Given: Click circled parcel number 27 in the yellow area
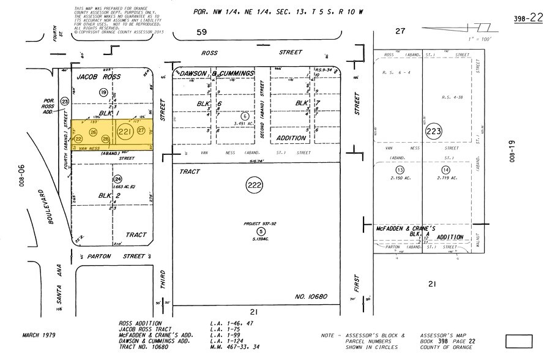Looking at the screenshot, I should pyautogui.click(x=141, y=130).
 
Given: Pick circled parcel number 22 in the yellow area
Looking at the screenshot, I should pyautogui.click(x=79, y=140).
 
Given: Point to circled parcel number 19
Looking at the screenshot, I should pyautogui.click(x=103, y=92).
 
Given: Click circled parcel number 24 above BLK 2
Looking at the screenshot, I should pyautogui.click(x=117, y=179).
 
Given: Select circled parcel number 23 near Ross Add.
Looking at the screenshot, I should pyautogui.click(x=64, y=101).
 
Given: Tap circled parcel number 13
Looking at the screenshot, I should pyautogui.click(x=399, y=170).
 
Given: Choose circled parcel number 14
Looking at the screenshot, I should pyautogui.click(x=445, y=170).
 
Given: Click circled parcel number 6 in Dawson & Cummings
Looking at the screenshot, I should pyautogui.click(x=245, y=116).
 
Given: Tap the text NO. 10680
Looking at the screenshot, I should pyautogui.click(x=311, y=296).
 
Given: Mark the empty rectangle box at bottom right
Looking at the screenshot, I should pyautogui.click(x=519, y=341).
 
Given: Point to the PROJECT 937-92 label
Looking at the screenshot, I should pyautogui.click(x=260, y=224).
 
